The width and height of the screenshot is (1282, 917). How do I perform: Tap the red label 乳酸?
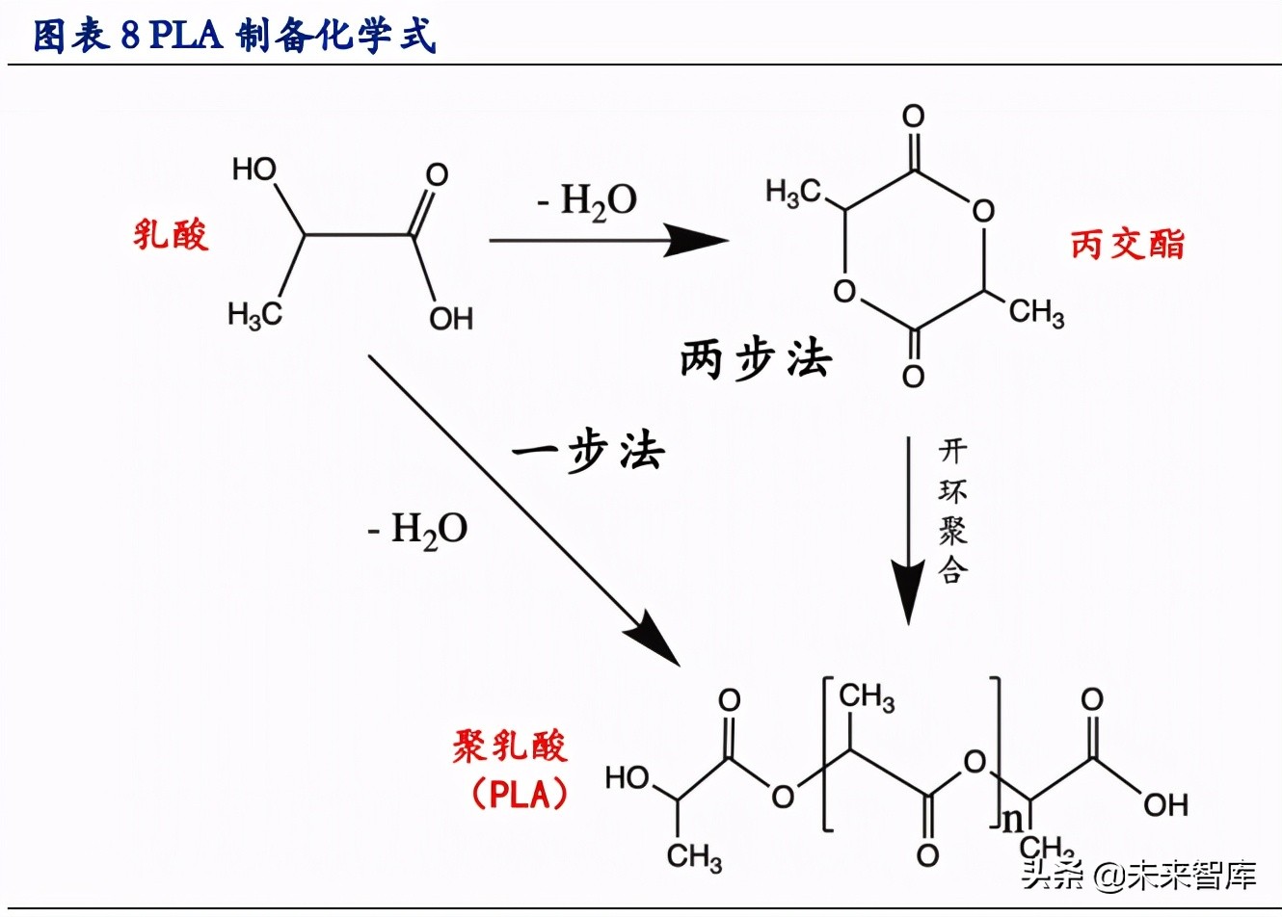171,234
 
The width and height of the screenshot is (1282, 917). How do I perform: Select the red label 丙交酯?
1127,244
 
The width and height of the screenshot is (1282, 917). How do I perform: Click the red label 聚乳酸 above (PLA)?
510,746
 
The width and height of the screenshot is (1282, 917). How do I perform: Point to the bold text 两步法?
755,360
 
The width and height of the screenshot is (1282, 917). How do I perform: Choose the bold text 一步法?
588,451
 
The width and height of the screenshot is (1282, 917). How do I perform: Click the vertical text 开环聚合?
952,511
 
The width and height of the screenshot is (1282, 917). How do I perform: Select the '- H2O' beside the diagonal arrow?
417,530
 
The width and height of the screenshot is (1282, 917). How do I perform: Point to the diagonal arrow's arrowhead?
655,643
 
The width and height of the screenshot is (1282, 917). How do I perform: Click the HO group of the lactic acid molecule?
254,170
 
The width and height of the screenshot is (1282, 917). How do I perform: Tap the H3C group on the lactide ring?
792,193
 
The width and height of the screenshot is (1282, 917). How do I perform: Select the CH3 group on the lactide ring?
1037,312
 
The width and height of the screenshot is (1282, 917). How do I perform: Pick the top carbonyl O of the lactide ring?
913,118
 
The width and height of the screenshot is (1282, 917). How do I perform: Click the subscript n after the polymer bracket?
1012,820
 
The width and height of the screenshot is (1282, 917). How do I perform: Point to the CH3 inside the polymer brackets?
866,695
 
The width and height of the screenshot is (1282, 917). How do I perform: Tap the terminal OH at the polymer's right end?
1165,804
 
